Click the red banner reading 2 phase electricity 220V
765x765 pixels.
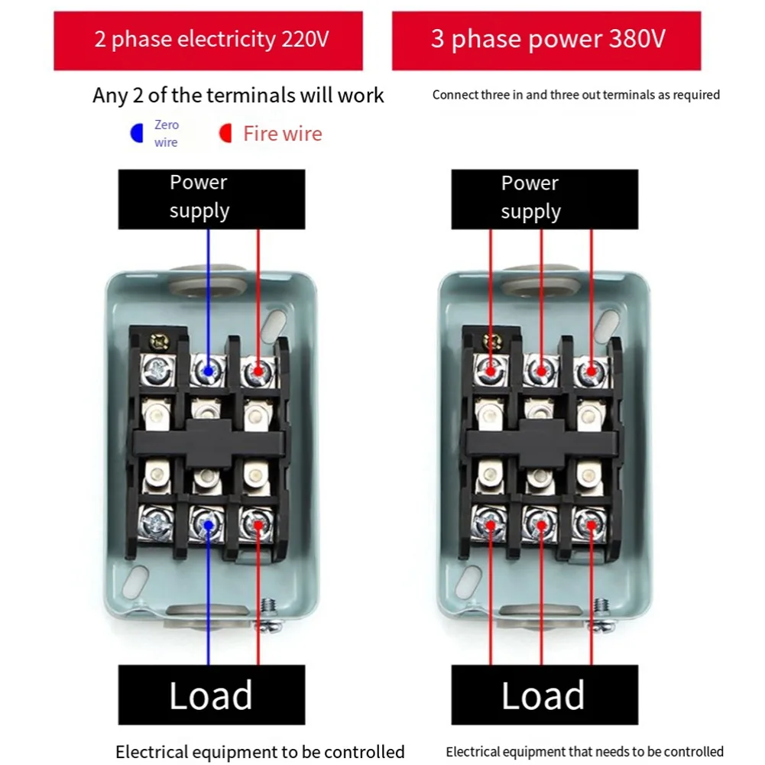click(x=208, y=40)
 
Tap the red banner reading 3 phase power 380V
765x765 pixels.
click(x=546, y=40)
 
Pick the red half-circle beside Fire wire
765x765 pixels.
click(x=225, y=134)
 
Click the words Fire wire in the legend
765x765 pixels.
click(x=282, y=134)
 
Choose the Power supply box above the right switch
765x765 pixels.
click(x=544, y=199)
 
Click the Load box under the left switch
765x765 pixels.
click(x=211, y=695)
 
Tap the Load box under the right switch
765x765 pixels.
click(x=544, y=695)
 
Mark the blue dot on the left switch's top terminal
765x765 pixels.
click(x=208, y=372)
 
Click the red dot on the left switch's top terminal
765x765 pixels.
click(x=258, y=372)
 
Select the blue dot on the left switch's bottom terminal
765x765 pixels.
click(x=208, y=525)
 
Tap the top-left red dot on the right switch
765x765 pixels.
click(x=491, y=372)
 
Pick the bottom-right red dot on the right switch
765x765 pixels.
click(x=591, y=525)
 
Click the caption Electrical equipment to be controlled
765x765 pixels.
click(x=260, y=752)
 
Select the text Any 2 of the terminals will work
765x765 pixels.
click(x=238, y=96)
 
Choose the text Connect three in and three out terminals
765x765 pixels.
click(x=575, y=96)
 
